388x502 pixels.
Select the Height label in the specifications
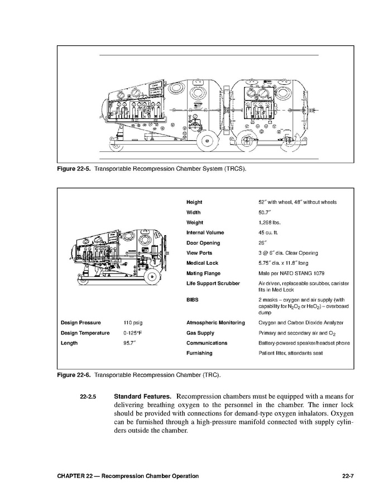(194, 202)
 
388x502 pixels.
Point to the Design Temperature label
(84, 333)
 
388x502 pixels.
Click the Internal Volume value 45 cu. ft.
(269, 233)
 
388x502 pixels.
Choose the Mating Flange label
(203, 274)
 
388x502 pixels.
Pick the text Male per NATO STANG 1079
(290, 274)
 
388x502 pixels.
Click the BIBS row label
(193, 300)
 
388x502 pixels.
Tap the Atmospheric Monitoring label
(215, 323)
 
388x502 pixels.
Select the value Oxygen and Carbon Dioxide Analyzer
(301, 323)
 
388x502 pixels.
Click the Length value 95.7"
(130, 343)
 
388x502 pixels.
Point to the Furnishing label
(199, 353)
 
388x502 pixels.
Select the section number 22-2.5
(88, 397)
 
